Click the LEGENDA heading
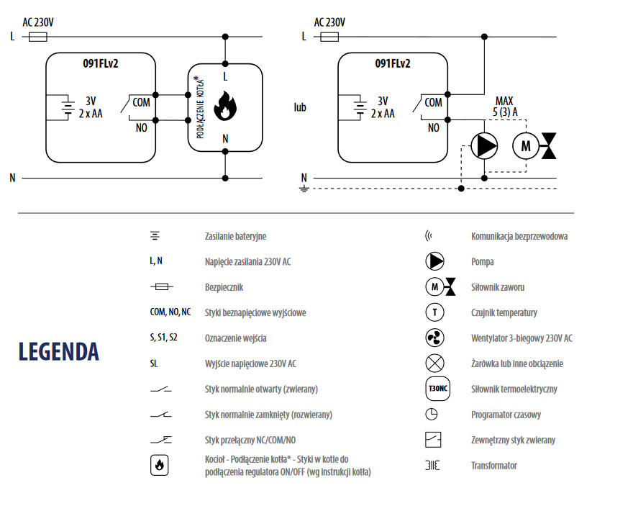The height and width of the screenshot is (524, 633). [x=58, y=351]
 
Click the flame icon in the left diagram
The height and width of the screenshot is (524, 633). [x=225, y=105]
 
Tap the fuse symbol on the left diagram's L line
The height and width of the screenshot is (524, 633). [x=38, y=35]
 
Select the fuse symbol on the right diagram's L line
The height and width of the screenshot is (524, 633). [x=329, y=35]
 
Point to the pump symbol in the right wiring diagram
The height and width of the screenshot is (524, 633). [x=484, y=146]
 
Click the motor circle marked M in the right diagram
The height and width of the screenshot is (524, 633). [x=524, y=146]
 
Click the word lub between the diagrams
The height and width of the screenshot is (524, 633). [x=300, y=107]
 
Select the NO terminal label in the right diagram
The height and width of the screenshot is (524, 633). [x=433, y=127]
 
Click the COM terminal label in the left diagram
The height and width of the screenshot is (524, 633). [x=142, y=102]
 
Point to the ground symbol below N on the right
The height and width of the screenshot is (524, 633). [x=304, y=189]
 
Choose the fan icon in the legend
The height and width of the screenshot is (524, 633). [x=435, y=338]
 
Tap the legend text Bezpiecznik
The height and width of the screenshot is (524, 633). [x=224, y=287]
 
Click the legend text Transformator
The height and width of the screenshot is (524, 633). [x=493, y=466]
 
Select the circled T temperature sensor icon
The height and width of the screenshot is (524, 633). [x=435, y=312]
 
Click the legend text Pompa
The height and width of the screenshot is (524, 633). [x=482, y=262]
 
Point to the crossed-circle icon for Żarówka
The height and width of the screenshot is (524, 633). [x=435, y=363]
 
